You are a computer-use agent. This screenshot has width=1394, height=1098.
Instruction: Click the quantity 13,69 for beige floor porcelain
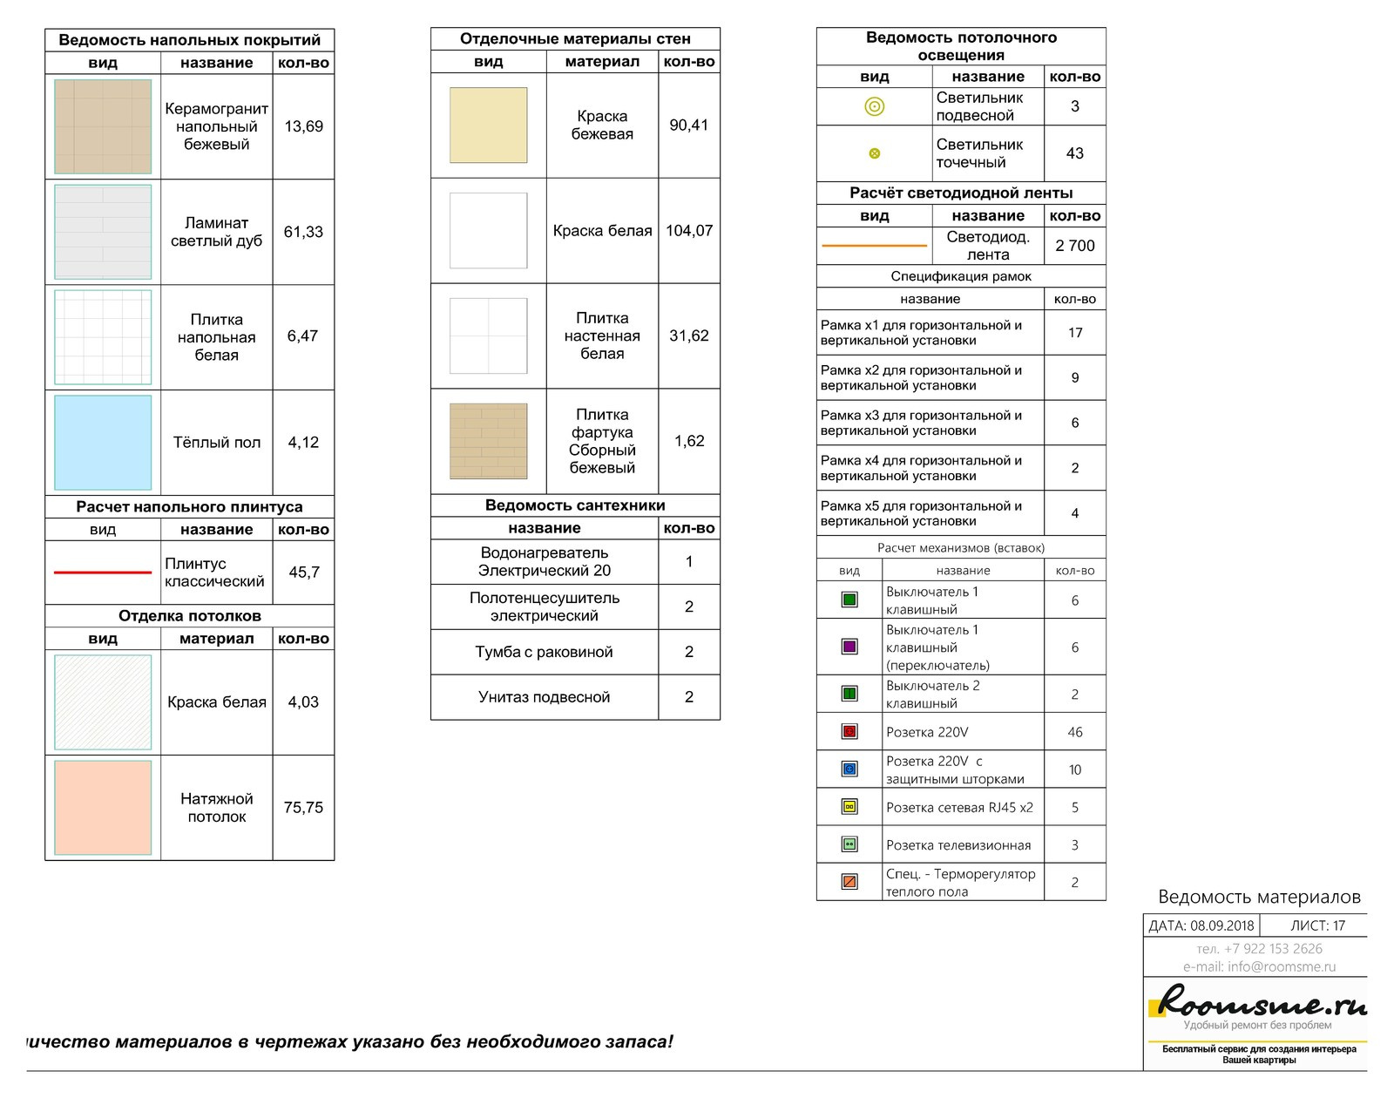(303, 126)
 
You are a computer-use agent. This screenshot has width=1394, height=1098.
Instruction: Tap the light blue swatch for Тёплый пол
(103, 443)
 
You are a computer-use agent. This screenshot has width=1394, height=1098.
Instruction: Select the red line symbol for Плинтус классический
(103, 573)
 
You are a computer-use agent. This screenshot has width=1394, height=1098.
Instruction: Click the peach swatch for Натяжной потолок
(103, 808)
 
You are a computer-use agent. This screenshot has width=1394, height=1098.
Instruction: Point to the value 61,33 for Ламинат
(303, 232)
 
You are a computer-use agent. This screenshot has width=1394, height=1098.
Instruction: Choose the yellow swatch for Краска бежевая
(488, 125)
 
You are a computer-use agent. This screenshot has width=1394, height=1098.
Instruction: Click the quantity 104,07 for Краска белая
(689, 231)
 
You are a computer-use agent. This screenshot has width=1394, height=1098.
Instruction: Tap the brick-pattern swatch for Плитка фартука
(488, 441)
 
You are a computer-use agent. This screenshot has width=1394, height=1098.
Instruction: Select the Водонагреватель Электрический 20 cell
(545, 562)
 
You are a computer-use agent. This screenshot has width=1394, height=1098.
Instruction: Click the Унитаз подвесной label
(545, 697)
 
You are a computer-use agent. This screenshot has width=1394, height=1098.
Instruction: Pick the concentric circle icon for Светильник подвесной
(874, 106)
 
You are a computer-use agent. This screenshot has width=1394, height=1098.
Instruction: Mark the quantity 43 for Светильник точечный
(1074, 153)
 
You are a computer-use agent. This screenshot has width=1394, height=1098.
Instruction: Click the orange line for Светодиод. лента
(874, 246)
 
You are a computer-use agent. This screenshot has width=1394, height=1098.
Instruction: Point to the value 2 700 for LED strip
(1074, 246)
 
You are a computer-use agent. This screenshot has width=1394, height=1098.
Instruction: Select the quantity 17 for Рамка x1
(1074, 333)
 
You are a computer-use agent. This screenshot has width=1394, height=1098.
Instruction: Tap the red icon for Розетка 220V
(849, 732)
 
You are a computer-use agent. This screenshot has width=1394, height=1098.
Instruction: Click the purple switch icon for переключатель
(849, 647)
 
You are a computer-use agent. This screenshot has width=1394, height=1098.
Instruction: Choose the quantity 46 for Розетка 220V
(1074, 732)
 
